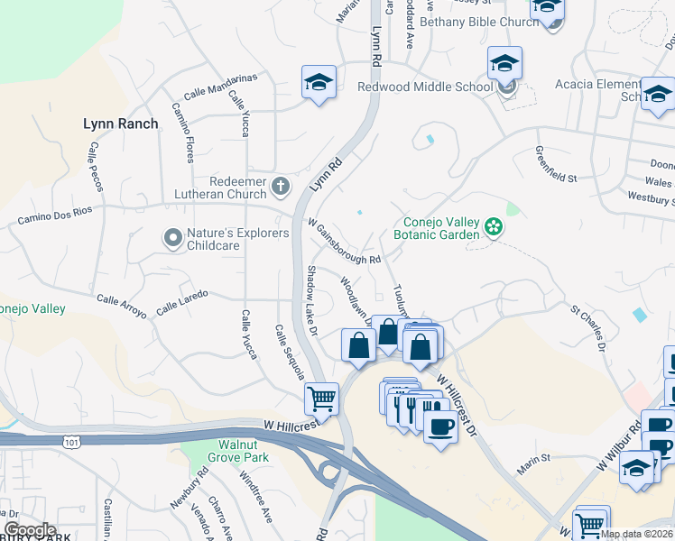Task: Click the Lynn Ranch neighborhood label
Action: coord(120,124)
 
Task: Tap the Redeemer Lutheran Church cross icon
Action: coord(280,188)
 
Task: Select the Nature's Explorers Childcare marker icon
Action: coord(172,238)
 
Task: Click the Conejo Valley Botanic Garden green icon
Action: coord(494,225)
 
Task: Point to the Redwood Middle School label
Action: coord(424,87)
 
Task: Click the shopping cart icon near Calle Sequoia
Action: coord(320,397)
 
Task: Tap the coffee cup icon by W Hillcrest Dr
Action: coord(439,426)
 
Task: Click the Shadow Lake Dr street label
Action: coord(311,301)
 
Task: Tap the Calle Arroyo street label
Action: coord(122,306)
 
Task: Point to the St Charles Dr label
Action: coord(587,327)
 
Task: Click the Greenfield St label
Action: coord(555,165)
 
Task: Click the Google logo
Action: coord(30,530)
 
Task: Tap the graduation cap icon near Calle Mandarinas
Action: coord(319,82)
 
